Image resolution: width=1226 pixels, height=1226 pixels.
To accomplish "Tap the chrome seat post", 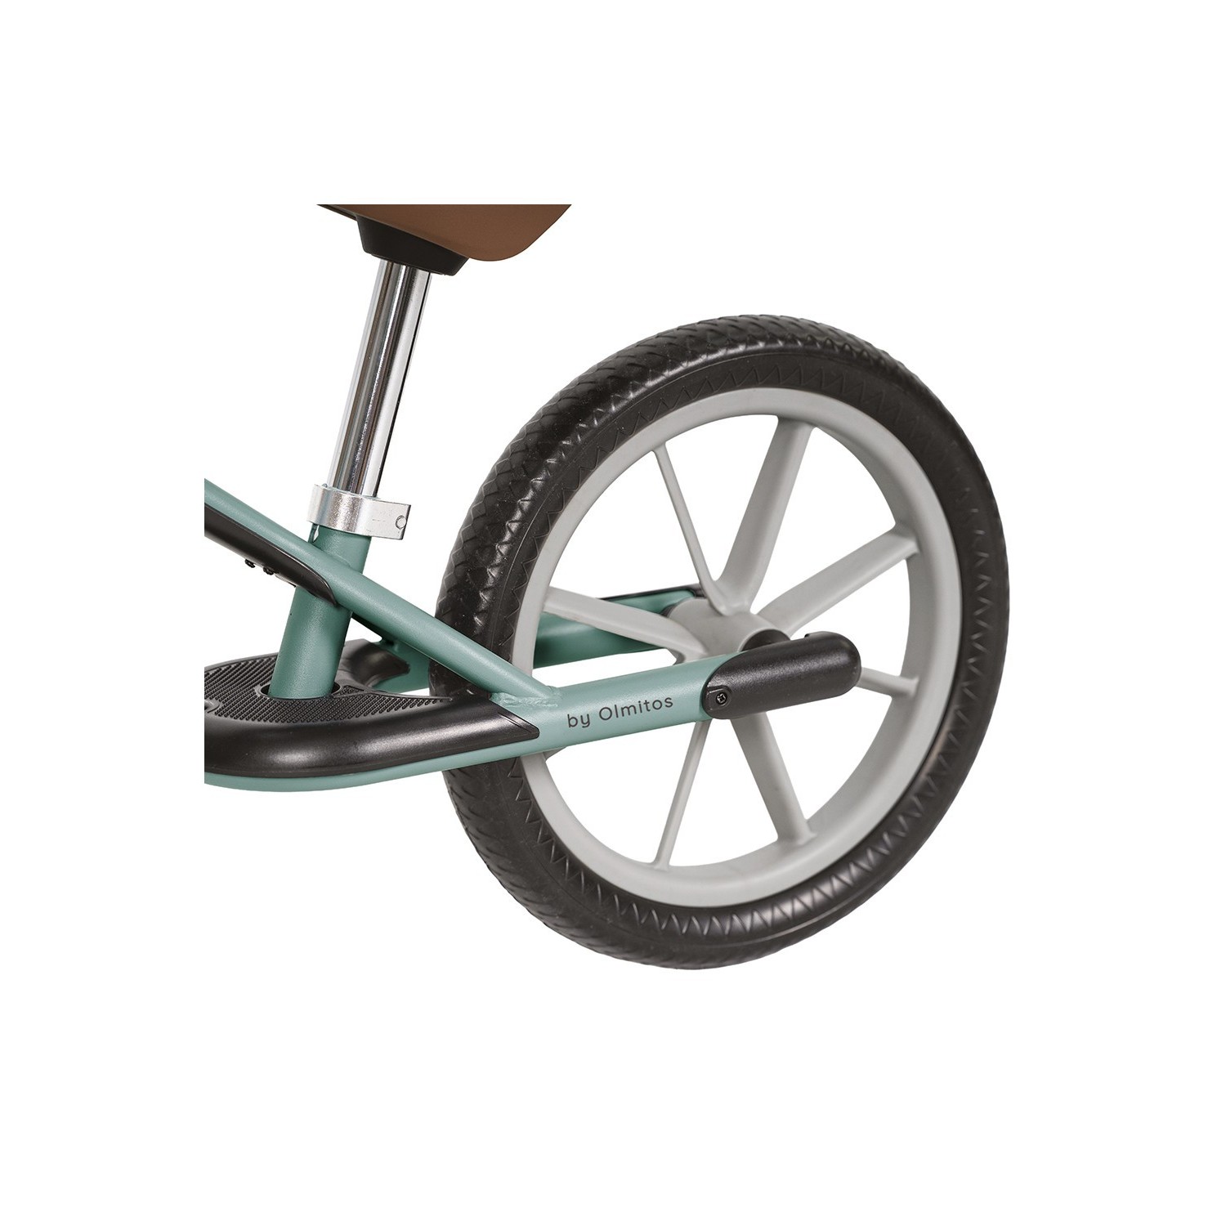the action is tap(385, 376).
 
